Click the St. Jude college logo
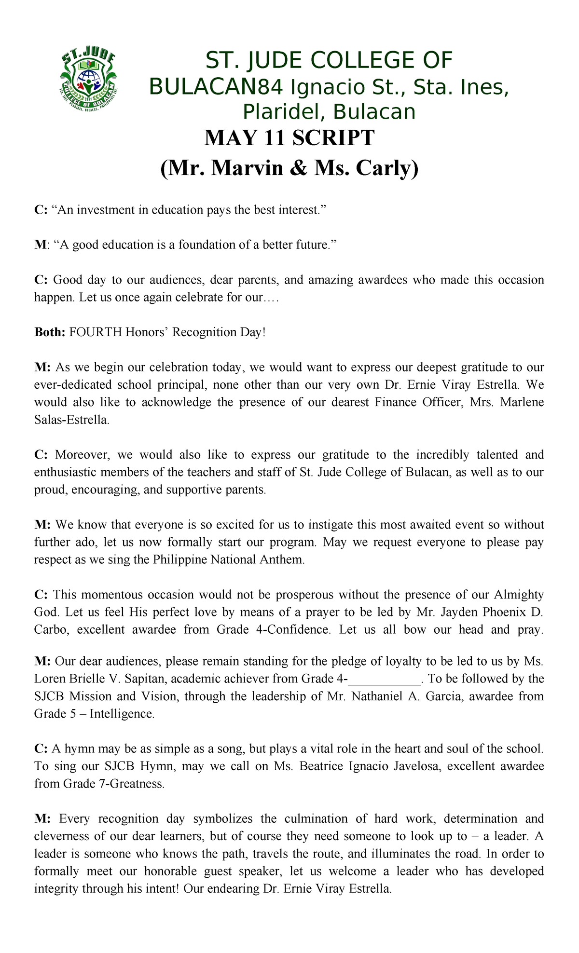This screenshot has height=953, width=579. [88, 81]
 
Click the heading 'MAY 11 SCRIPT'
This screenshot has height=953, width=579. [289, 138]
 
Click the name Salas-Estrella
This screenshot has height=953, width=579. [71, 420]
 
